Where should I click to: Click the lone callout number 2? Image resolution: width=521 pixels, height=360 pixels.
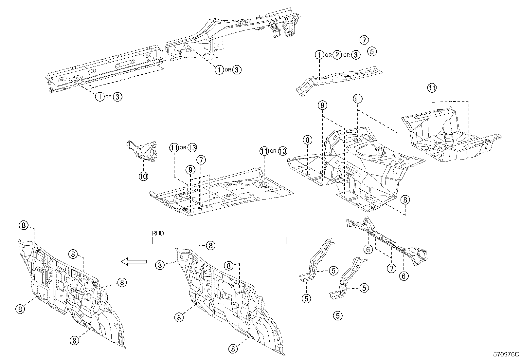click(337, 55)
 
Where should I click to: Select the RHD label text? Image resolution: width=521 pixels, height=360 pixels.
click(158, 233)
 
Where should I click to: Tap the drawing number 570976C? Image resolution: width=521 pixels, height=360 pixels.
click(506, 354)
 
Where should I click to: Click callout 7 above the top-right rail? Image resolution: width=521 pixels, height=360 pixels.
click(364, 40)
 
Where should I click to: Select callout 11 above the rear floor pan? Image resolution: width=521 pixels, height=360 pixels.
click(432, 88)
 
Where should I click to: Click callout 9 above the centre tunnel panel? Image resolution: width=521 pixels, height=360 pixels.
click(322, 105)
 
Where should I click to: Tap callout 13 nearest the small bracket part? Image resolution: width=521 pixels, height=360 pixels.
click(192, 148)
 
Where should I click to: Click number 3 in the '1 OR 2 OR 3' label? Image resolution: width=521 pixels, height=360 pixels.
click(356, 55)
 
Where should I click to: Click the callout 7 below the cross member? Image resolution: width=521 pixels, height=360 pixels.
click(391, 269)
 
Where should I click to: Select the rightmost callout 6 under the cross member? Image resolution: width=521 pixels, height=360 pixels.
click(404, 276)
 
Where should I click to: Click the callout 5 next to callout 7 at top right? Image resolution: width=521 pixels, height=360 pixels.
click(372, 51)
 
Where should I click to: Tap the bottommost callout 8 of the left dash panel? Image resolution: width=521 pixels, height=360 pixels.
click(74, 340)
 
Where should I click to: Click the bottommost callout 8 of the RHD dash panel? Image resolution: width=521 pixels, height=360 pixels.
click(233, 349)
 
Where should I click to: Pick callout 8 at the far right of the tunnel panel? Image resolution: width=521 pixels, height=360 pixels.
click(405, 199)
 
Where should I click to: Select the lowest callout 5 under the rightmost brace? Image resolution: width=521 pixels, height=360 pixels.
click(338, 315)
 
